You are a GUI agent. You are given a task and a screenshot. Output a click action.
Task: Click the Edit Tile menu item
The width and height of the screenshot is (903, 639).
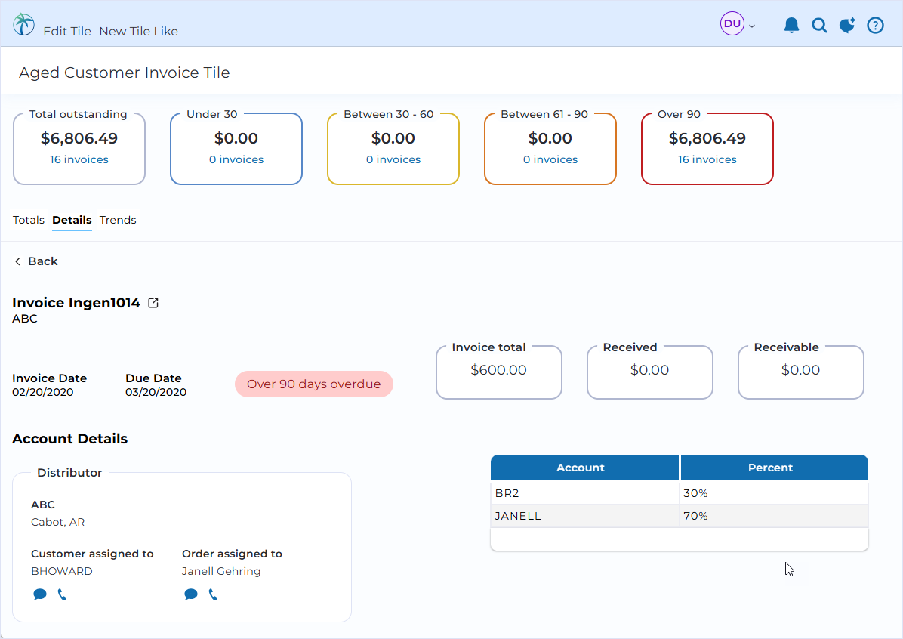pyautogui.click(x=66, y=31)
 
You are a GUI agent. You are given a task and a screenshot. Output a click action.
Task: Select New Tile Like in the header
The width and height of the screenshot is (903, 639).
pyautogui.click(x=138, y=31)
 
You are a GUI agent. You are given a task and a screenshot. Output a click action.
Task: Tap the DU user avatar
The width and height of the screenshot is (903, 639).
pyautogui.click(x=732, y=23)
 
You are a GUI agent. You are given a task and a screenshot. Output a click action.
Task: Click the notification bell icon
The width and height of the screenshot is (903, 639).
pyautogui.click(x=791, y=26)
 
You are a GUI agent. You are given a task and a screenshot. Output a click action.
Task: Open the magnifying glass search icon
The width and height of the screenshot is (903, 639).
pyautogui.click(x=819, y=26)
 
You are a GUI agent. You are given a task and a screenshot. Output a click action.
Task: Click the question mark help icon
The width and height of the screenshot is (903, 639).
pyautogui.click(x=875, y=26)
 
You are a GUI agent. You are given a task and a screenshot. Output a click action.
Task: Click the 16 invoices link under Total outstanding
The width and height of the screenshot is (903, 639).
pyautogui.click(x=79, y=159)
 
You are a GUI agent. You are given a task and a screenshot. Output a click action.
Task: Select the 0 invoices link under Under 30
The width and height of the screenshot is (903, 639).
pyautogui.click(x=236, y=159)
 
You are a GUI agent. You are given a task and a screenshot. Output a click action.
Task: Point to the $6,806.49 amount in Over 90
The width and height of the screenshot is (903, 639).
pyautogui.click(x=707, y=138)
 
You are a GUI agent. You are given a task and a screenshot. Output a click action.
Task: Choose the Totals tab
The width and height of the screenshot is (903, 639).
pyautogui.click(x=28, y=220)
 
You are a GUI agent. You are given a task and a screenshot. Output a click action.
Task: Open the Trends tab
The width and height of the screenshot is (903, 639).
pyautogui.click(x=118, y=220)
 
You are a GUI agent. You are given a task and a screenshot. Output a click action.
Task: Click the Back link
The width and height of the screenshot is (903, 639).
pyautogui.click(x=36, y=261)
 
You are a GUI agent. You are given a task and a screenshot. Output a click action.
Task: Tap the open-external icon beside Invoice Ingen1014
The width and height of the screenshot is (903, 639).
pyautogui.click(x=153, y=302)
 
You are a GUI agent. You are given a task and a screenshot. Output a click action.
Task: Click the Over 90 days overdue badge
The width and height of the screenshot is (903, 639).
pyautogui.click(x=314, y=384)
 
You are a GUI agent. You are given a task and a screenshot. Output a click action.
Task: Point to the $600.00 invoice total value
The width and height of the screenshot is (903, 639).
pyautogui.click(x=499, y=370)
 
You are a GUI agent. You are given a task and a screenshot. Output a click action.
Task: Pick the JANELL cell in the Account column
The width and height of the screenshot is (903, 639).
pyautogui.click(x=518, y=516)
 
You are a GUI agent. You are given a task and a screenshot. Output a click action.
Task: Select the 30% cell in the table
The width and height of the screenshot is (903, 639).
pyautogui.click(x=695, y=493)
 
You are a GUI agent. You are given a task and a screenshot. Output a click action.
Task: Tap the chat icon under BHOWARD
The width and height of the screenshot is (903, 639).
pyautogui.click(x=40, y=594)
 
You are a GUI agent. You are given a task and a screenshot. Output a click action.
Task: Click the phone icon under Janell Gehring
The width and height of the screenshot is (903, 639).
pyautogui.click(x=212, y=594)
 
